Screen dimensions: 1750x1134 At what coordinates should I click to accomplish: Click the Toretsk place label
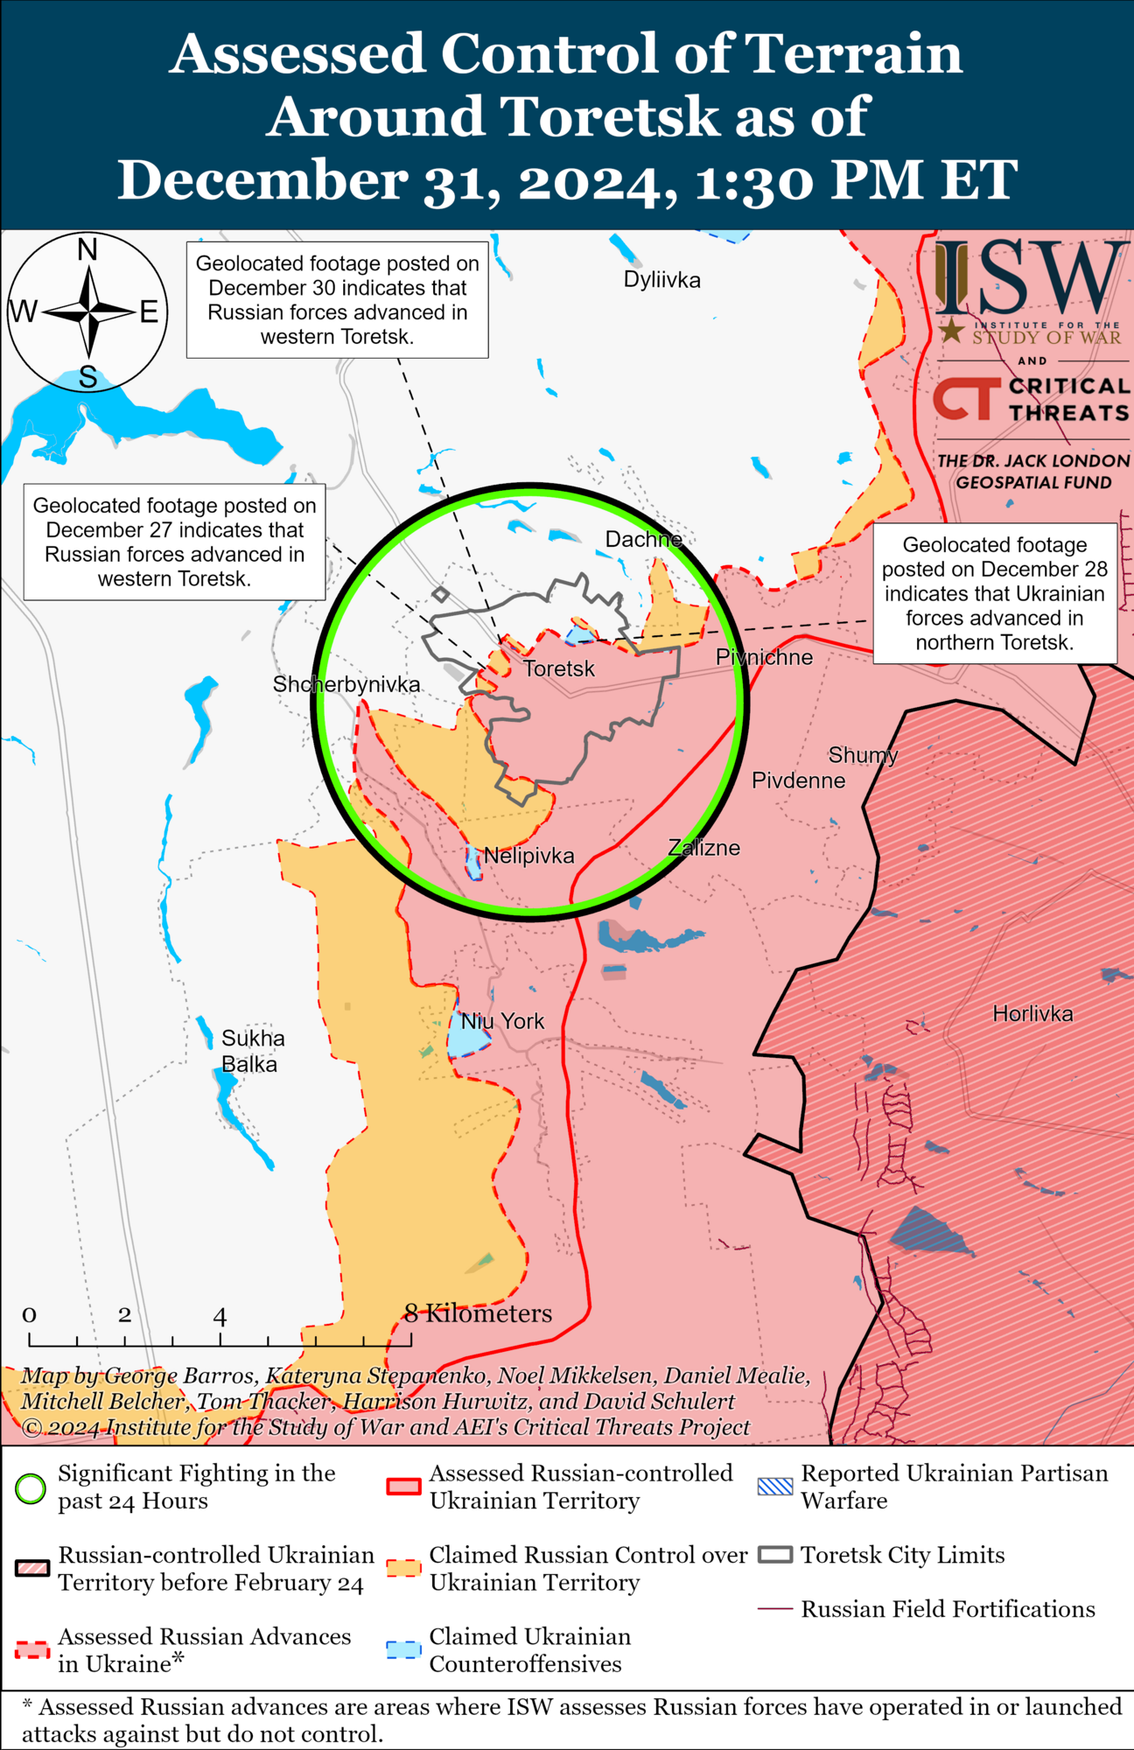559,669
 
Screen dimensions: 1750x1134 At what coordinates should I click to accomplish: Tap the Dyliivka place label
661,280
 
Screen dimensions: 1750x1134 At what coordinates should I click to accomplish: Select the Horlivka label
1032,1014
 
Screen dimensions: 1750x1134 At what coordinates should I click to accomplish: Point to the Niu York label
503,1021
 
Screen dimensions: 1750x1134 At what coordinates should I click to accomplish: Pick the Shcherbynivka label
346,684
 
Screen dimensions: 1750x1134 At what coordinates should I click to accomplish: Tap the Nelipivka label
529,856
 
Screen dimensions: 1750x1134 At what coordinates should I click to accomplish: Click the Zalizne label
703,848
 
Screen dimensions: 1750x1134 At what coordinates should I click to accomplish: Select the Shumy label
863,755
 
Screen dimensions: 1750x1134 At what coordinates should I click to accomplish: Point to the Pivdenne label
798,780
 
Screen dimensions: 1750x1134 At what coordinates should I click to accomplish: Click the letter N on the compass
87,251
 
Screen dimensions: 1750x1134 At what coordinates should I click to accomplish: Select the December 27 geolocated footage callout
174,542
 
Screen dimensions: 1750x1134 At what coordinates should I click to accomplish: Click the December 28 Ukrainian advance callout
994,593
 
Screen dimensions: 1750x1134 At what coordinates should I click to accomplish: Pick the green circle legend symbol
31,1487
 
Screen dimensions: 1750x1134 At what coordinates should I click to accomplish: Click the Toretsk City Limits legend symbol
775,1555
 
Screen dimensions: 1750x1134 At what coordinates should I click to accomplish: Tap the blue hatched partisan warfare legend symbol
775,1487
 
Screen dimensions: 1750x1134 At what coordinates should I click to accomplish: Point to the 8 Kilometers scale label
478,1314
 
